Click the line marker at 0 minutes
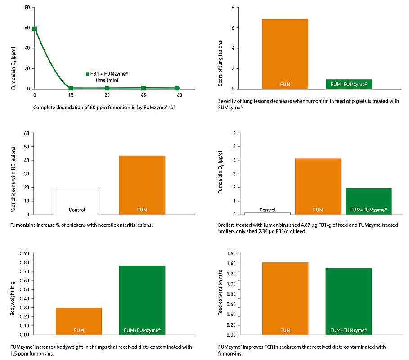pyautogui.click(x=35, y=29)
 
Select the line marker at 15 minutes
pyautogui.click(x=71, y=88)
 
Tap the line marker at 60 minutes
pyautogui.click(x=177, y=88)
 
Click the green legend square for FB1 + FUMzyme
pyautogui.click(x=88, y=73)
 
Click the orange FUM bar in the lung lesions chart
pyautogui.click(x=285, y=54)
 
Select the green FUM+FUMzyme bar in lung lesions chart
pyautogui.click(x=349, y=84)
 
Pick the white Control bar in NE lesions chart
pyautogui.click(x=77, y=201)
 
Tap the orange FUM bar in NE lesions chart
pyautogui.click(x=142, y=185)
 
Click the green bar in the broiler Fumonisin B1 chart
pyautogui.click(x=368, y=201)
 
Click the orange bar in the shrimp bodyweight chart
pyautogui.click(x=79, y=321)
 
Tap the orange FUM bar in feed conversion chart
pyautogui.click(x=285, y=299)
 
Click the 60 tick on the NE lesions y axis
pyautogui.click(x=26, y=133)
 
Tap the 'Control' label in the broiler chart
pyautogui.click(x=268, y=210)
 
